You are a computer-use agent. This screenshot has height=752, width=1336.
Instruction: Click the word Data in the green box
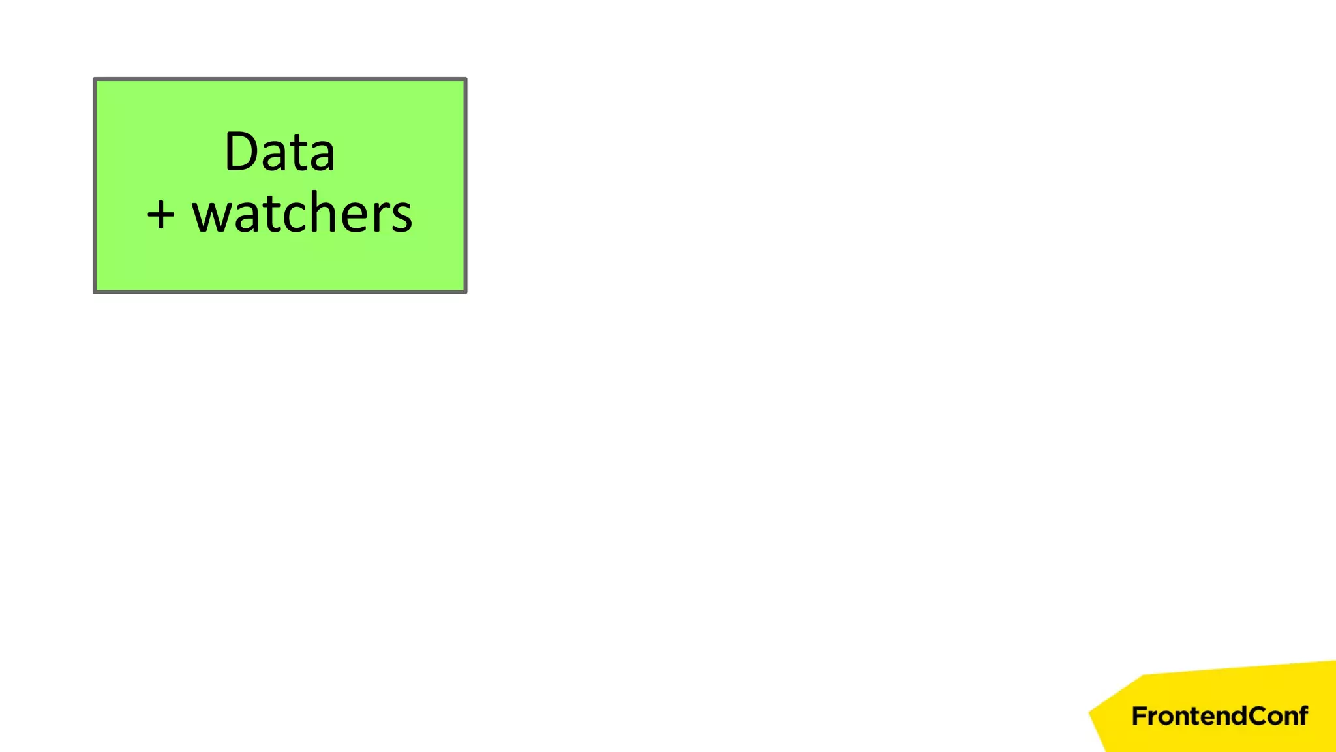pos(280,152)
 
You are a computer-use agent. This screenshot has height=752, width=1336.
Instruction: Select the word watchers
pos(302,214)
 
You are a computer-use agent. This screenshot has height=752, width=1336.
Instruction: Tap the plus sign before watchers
pos(160,215)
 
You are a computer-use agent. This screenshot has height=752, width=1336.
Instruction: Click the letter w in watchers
pos(212,215)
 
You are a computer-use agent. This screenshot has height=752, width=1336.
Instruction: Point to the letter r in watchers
pos(384,215)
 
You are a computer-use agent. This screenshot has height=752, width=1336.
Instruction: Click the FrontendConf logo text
pos(1219,716)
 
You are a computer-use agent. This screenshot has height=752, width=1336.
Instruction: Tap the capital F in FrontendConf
pos(1139,716)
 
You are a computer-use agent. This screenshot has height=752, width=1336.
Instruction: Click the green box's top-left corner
pos(95,80)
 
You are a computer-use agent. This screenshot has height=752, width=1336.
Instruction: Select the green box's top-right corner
pos(465,80)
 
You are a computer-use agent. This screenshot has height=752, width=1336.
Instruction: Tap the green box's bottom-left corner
pos(95,291)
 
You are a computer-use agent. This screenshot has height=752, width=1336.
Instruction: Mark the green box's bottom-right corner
pos(465,291)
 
